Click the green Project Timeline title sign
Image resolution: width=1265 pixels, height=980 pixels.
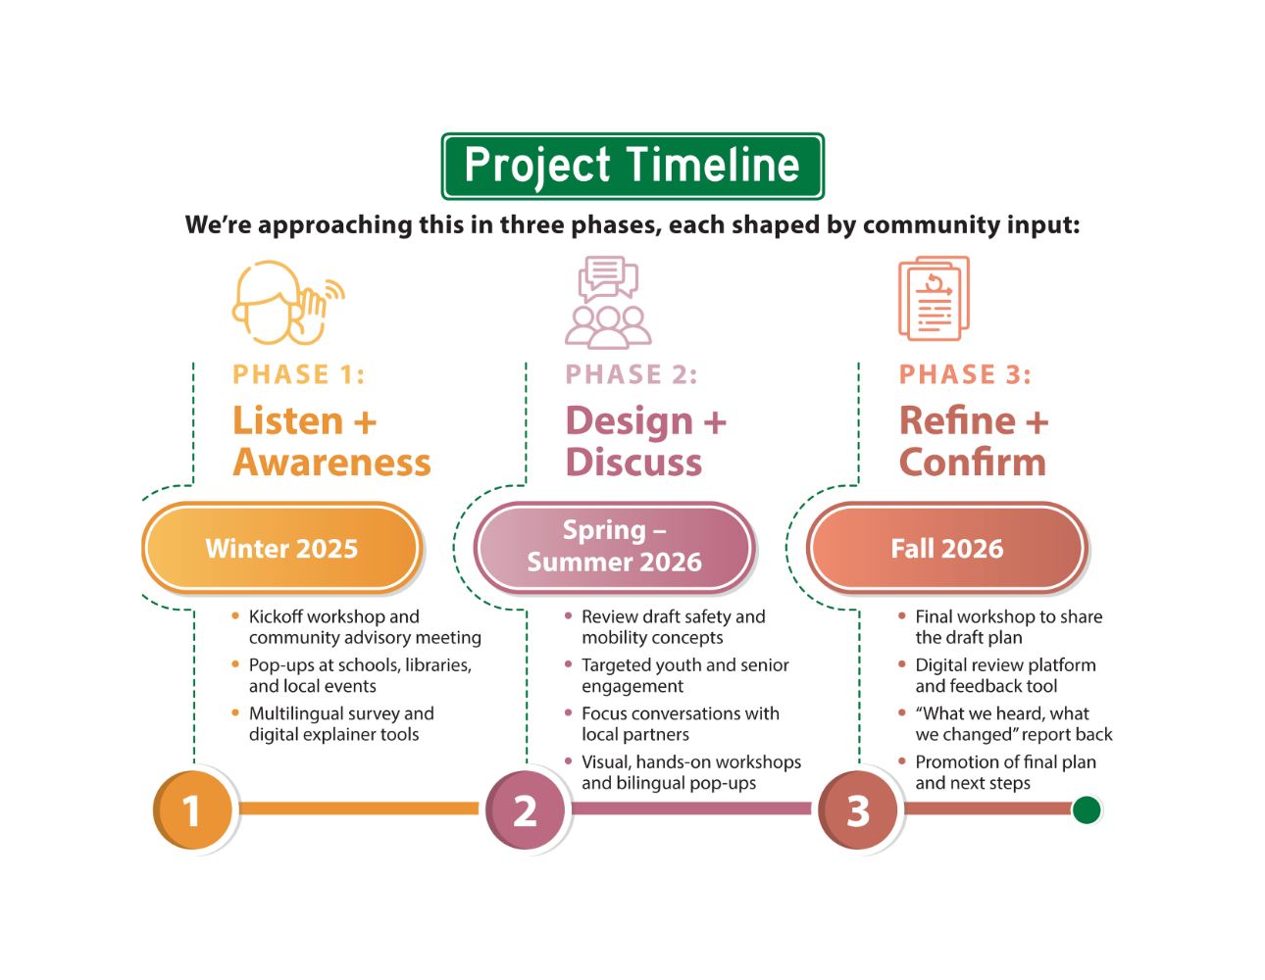[632, 167]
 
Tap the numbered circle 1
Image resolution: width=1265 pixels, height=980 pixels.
[193, 810]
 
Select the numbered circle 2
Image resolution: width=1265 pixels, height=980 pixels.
[526, 810]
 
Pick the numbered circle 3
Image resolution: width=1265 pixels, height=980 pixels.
[858, 810]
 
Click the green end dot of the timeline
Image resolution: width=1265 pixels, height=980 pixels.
[1086, 810]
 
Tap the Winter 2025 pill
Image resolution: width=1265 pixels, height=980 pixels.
[282, 548]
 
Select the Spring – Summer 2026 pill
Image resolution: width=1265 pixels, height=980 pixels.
[615, 547]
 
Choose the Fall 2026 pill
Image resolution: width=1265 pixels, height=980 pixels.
[947, 548]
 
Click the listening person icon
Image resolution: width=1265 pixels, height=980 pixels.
[285, 302]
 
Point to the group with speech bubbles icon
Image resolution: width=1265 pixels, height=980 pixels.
[608, 302]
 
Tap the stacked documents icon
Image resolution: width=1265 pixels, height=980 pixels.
[934, 298]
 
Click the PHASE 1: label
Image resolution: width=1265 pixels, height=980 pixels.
[298, 375]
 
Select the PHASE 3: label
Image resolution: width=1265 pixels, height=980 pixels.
[965, 375]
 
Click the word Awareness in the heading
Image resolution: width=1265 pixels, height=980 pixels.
[331, 463]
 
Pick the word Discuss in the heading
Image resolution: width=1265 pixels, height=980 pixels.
[633, 463]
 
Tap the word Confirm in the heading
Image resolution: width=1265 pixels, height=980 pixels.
[973, 463]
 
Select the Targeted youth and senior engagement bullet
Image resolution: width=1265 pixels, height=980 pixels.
[683, 675]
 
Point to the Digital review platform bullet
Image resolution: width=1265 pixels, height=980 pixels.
[1004, 675]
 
